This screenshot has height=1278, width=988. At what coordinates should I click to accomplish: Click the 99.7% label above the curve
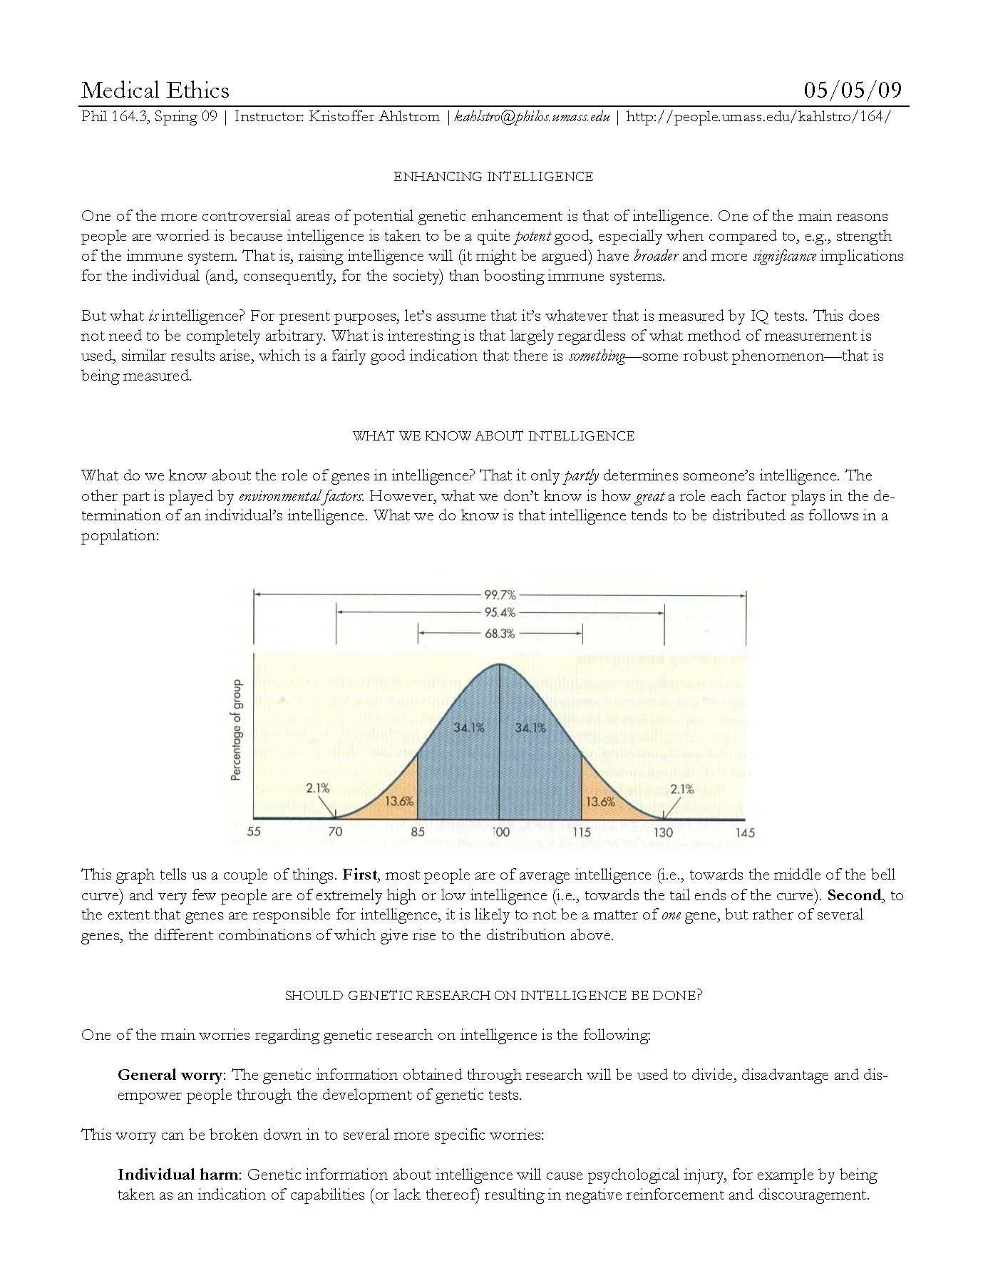click(500, 594)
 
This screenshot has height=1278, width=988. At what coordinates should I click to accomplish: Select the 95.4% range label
click(500, 612)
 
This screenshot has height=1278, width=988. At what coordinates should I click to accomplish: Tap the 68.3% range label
click(500, 633)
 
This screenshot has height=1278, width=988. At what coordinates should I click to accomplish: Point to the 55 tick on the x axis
click(253, 832)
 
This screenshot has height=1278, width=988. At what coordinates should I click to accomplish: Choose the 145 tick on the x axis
click(745, 832)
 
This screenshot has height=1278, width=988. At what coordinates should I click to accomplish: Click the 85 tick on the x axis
click(418, 832)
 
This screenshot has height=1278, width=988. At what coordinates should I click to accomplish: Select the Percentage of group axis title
click(237, 729)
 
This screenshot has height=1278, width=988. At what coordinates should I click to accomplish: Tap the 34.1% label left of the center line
click(469, 728)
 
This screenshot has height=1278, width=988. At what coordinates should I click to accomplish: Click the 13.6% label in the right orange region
click(600, 801)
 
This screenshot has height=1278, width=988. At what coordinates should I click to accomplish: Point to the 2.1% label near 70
click(318, 788)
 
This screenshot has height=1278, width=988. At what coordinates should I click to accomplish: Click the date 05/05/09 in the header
click(853, 90)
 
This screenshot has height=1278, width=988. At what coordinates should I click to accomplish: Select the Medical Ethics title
click(155, 90)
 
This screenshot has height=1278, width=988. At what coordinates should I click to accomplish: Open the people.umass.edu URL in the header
click(758, 117)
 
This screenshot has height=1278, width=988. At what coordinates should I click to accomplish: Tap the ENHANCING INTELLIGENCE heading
click(493, 177)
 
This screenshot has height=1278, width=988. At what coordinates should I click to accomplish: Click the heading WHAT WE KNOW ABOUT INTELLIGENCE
click(493, 436)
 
